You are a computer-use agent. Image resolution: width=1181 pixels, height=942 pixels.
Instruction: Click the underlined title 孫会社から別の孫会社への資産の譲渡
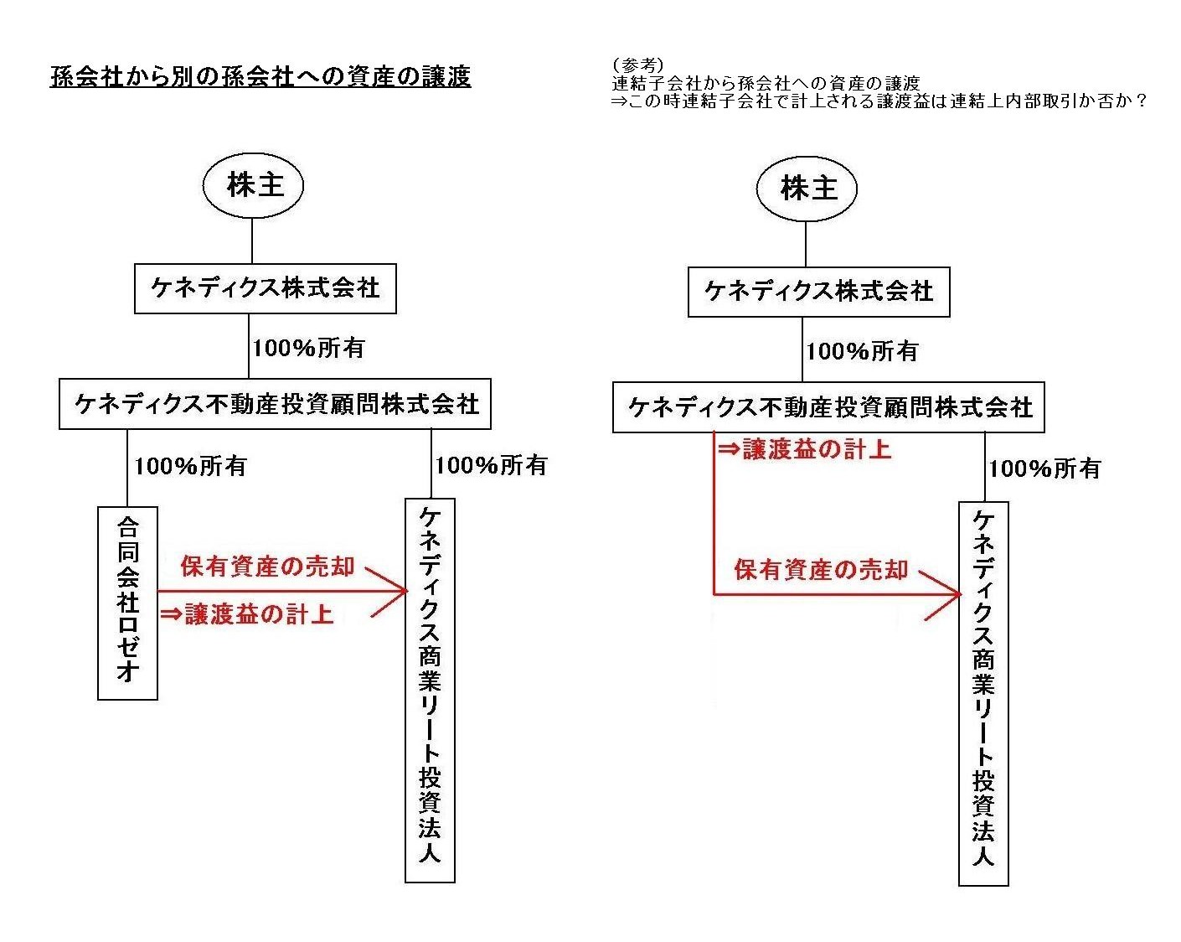click(x=260, y=77)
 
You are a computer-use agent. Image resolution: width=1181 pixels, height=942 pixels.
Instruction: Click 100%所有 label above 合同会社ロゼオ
click(x=190, y=466)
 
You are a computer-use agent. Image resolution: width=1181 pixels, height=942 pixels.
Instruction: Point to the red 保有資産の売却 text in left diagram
click(x=268, y=567)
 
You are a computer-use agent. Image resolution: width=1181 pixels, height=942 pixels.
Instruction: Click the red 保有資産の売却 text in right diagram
click(x=821, y=570)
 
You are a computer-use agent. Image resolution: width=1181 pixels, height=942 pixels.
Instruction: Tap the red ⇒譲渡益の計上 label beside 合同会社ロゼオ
click(x=247, y=614)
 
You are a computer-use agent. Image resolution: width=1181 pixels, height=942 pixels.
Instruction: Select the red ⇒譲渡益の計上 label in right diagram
click(x=804, y=449)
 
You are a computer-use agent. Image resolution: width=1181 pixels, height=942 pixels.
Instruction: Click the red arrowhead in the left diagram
click(x=389, y=593)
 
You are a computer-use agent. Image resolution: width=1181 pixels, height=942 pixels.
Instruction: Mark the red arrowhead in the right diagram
click(x=943, y=595)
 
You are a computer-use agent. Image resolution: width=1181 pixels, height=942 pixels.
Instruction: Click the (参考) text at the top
click(x=637, y=65)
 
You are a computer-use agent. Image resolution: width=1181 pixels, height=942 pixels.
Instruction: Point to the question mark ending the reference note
click(x=1141, y=101)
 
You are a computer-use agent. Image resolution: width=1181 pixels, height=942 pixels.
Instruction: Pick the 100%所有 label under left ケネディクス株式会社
click(x=308, y=348)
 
